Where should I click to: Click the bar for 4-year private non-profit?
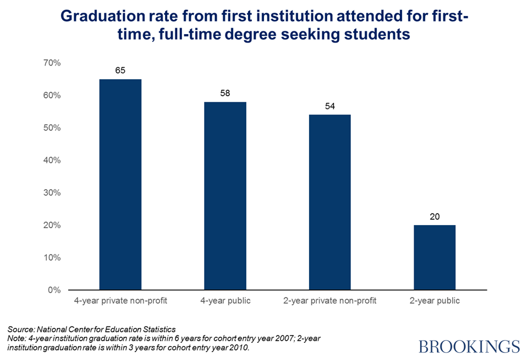coord(120,184)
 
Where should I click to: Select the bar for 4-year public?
coord(225,196)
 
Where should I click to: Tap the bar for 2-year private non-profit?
coord(330,202)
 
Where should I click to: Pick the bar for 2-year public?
coord(435,257)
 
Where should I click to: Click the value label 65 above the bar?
coord(120,71)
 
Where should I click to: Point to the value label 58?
coord(225,94)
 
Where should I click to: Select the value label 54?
coord(330,106)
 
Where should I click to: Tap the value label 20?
coord(435,216)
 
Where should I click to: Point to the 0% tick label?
coord(54,290)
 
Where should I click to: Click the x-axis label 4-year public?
coord(225,301)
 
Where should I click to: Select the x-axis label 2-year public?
coord(435,301)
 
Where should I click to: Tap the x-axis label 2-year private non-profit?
coord(330,301)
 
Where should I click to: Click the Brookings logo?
coord(469,346)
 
